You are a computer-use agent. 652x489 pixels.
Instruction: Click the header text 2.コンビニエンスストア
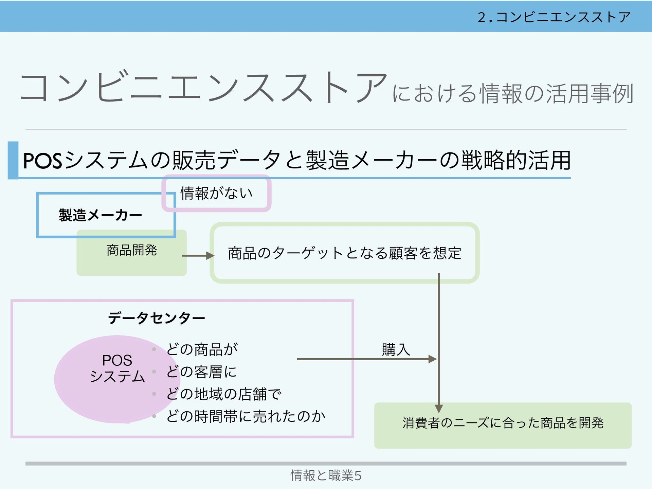click(x=554, y=17)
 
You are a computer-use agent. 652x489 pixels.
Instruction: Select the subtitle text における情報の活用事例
click(x=513, y=93)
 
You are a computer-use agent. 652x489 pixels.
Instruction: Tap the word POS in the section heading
click(x=42, y=161)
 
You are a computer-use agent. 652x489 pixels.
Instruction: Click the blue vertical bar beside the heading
click(x=13, y=160)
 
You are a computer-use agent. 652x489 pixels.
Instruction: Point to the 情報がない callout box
click(x=216, y=193)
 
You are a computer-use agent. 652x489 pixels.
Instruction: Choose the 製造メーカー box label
click(x=100, y=215)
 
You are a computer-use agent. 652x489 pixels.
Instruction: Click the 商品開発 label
click(x=131, y=250)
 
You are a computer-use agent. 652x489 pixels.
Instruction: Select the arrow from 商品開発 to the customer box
click(x=198, y=255)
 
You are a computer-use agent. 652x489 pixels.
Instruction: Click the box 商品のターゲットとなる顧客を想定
click(x=344, y=253)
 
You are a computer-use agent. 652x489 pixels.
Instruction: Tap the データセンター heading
click(x=157, y=318)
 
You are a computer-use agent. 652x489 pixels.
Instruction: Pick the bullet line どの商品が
click(x=202, y=349)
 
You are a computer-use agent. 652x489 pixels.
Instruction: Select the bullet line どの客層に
click(x=201, y=372)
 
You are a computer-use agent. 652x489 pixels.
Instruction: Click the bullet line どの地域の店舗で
click(x=224, y=394)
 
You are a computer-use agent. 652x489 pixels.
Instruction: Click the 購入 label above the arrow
click(x=396, y=349)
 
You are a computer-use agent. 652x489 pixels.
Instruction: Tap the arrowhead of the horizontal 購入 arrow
click(x=433, y=359)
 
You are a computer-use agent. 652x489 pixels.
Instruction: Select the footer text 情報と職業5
click(x=326, y=475)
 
